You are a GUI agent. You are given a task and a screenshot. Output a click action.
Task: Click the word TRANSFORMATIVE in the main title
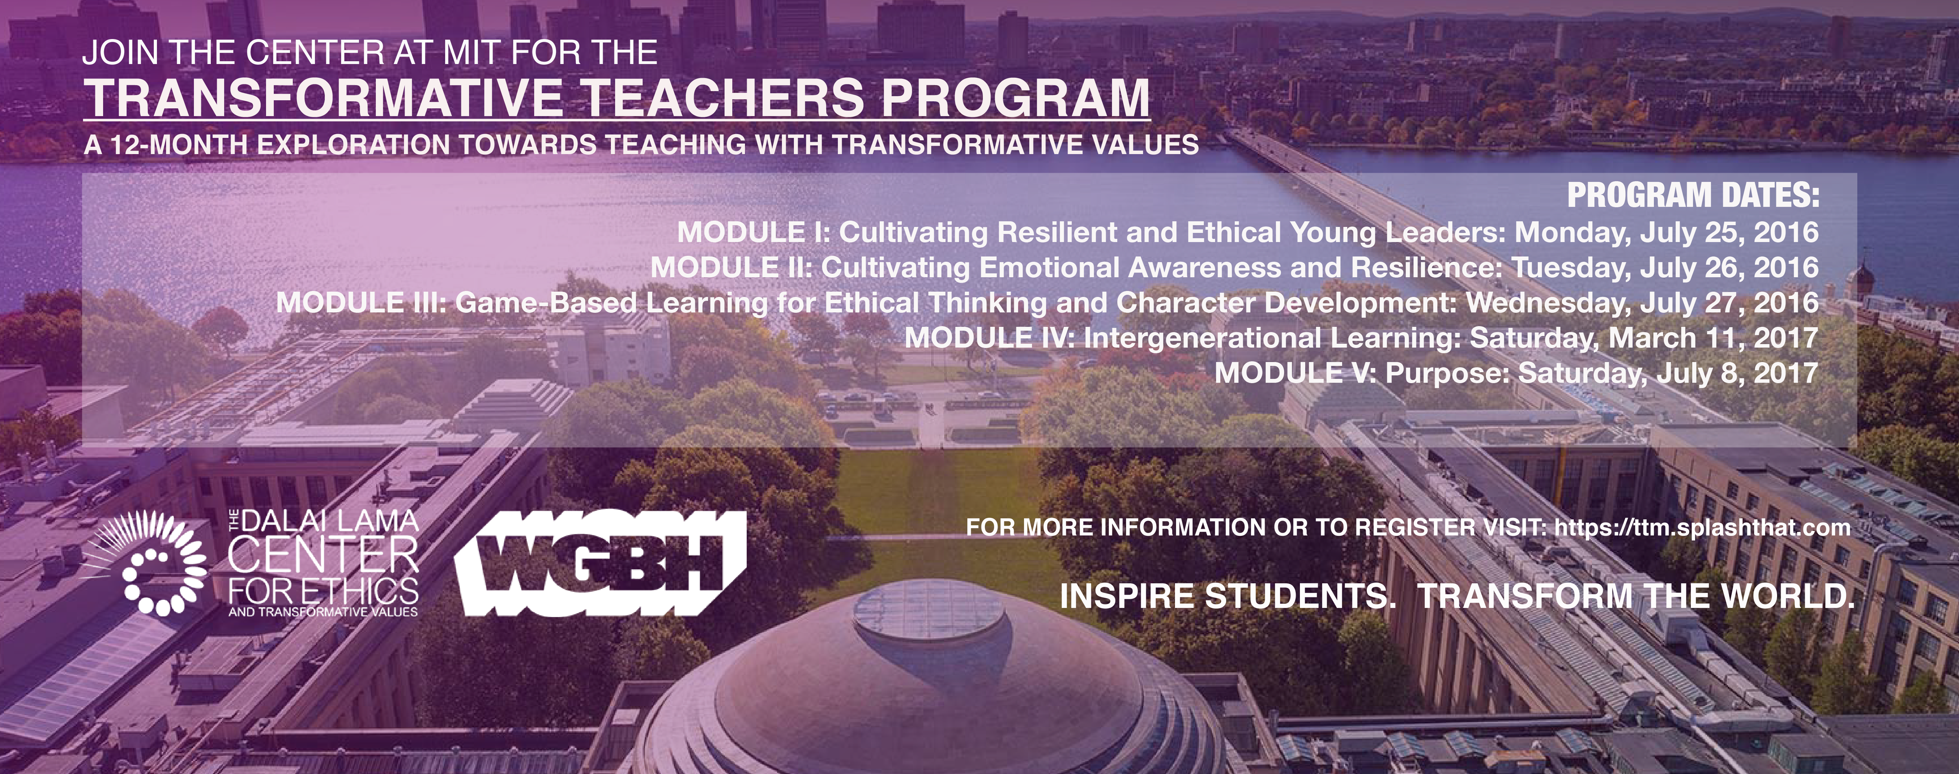[323, 97]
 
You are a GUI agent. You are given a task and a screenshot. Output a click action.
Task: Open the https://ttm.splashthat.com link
[1702, 528]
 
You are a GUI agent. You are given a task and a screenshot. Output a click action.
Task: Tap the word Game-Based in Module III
[545, 303]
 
